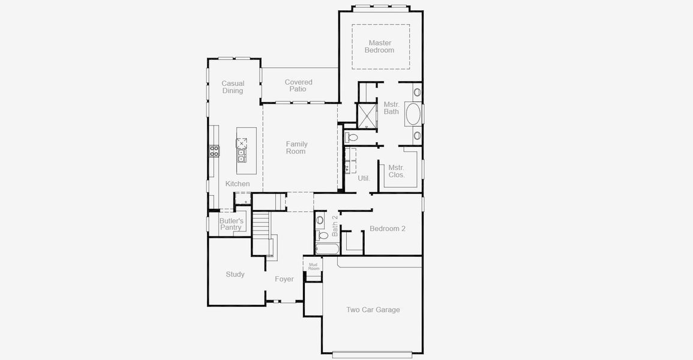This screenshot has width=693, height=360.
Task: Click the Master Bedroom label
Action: tap(380, 47)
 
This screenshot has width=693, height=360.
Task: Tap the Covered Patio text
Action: tap(298, 86)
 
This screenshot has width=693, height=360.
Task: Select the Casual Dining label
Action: tap(233, 88)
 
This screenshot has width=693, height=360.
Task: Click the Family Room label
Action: tap(296, 148)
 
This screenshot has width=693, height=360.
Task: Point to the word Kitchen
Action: tap(238, 184)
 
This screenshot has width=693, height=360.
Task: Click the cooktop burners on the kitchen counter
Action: tap(214, 151)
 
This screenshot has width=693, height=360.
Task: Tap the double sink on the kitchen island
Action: tap(241, 155)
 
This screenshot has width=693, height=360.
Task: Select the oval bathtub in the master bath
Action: tap(413, 115)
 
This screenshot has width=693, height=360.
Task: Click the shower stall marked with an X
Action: tap(365, 116)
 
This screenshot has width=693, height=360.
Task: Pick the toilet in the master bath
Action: tap(352, 137)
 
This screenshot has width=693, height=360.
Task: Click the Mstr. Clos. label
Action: tap(396, 172)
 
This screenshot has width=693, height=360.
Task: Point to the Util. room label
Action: tap(364, 178)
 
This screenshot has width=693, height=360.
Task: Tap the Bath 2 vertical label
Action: tap(335, 229)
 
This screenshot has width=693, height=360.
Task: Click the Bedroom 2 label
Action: tap(387, 229)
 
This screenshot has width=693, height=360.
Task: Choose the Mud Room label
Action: tap(313, 266)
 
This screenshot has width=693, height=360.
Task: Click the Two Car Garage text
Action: tap(373, 310)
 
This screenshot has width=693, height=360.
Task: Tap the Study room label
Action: tap(235, 274)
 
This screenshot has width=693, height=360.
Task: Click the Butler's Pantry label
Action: tap(231, 224)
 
